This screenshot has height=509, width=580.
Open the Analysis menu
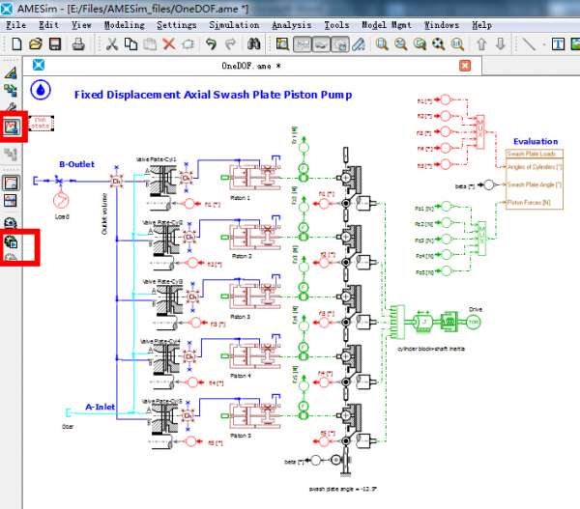point(293,24)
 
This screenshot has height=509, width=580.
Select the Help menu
point(481,24)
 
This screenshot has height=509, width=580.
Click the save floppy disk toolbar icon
point(55,44)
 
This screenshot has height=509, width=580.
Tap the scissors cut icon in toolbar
point(112,44)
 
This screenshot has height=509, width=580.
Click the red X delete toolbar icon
point(169,44)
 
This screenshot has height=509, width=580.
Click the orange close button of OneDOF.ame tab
point(465,66)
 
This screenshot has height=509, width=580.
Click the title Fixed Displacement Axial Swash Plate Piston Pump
point(213,95)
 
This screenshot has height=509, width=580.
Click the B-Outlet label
point(76,164)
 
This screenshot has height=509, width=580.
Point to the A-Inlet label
point(101,407)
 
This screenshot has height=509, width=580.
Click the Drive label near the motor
point(475,309)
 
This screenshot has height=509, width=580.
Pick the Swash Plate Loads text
point(530,154)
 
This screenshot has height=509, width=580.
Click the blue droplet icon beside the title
point(40,90)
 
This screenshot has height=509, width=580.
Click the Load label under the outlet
point(62,217)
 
